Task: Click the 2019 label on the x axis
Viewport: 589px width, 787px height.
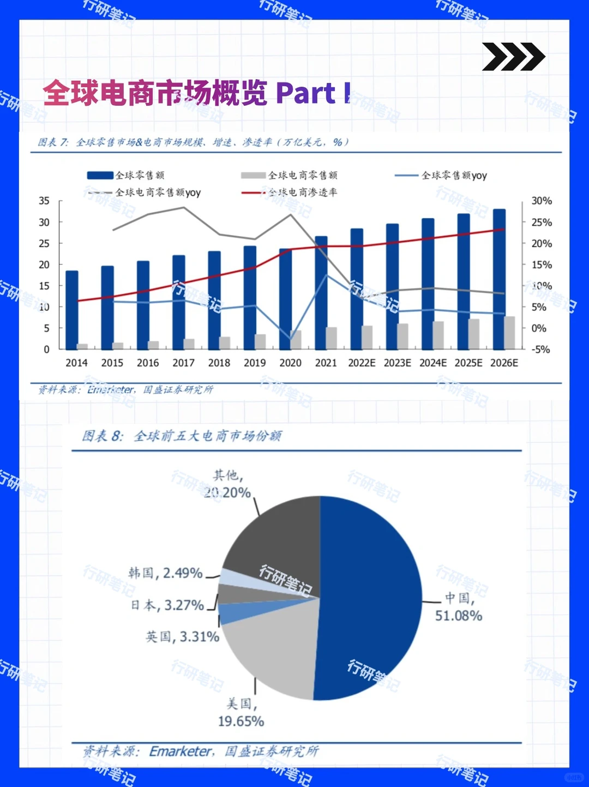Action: pyautogui.click(x=255, y=363)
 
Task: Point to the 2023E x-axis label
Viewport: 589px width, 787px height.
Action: pyautogui.click(x=397, y=363)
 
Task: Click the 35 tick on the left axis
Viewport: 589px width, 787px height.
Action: pyautogui.click(x=44, y=201)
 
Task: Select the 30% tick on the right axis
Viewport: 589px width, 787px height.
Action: pyautogui.click(x=541, y=201)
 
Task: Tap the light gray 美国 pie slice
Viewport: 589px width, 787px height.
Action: pyautogui.click(x=273, y=649)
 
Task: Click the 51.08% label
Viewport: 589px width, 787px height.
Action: pyautogui.click(x=458, y=616)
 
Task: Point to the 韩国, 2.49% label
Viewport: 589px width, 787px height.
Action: pyautogui.click(x=165, y=573)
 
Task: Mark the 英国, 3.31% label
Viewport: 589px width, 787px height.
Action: pyautogui.click(x=182, y=636)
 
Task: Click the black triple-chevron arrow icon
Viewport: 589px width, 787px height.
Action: pyautogui.click(x=513, y=57)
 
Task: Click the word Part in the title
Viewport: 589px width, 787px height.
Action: pyautogui.click(x=305, y=93)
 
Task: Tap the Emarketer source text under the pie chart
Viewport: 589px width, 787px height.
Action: pyautogui.click(x=181, y=752)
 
